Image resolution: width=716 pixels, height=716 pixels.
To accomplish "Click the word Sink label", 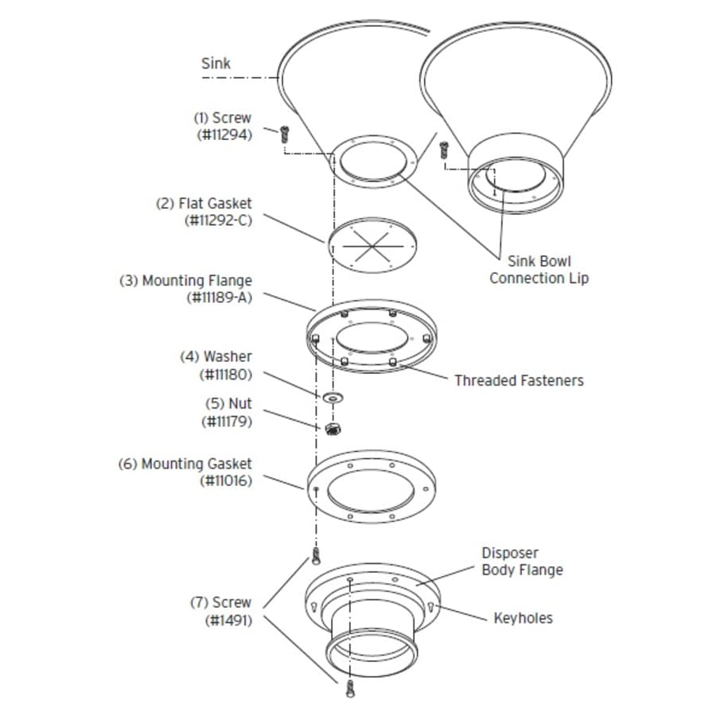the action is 216,64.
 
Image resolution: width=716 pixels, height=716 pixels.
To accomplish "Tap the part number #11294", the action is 224,135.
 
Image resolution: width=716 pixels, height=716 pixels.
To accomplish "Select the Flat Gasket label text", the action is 204,203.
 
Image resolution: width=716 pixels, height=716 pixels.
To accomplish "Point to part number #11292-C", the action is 218,220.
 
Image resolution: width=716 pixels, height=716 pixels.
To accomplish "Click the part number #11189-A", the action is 220,298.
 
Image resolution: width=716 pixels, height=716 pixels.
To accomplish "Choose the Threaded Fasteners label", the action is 519,380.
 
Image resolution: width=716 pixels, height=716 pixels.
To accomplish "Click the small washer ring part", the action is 333,398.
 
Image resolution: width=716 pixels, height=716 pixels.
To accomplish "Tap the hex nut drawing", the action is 333,429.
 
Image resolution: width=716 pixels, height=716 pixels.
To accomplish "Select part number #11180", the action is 226,375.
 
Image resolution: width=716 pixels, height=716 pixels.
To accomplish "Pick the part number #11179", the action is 227,422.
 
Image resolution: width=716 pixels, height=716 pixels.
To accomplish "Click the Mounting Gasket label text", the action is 185,464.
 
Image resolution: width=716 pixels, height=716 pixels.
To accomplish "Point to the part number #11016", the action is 226,481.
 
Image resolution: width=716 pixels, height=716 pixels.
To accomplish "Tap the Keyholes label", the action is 523,618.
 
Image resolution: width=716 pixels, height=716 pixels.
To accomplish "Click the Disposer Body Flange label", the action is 523,562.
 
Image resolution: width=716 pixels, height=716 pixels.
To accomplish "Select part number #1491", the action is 228,621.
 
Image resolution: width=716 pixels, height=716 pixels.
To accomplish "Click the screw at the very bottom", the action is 350,688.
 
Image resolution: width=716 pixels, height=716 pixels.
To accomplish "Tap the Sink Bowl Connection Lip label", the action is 539,270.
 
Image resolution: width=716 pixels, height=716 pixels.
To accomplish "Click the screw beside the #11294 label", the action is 285,134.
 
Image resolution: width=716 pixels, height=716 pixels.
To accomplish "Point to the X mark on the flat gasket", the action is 372,246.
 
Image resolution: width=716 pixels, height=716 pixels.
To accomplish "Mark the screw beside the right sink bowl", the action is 443,150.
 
